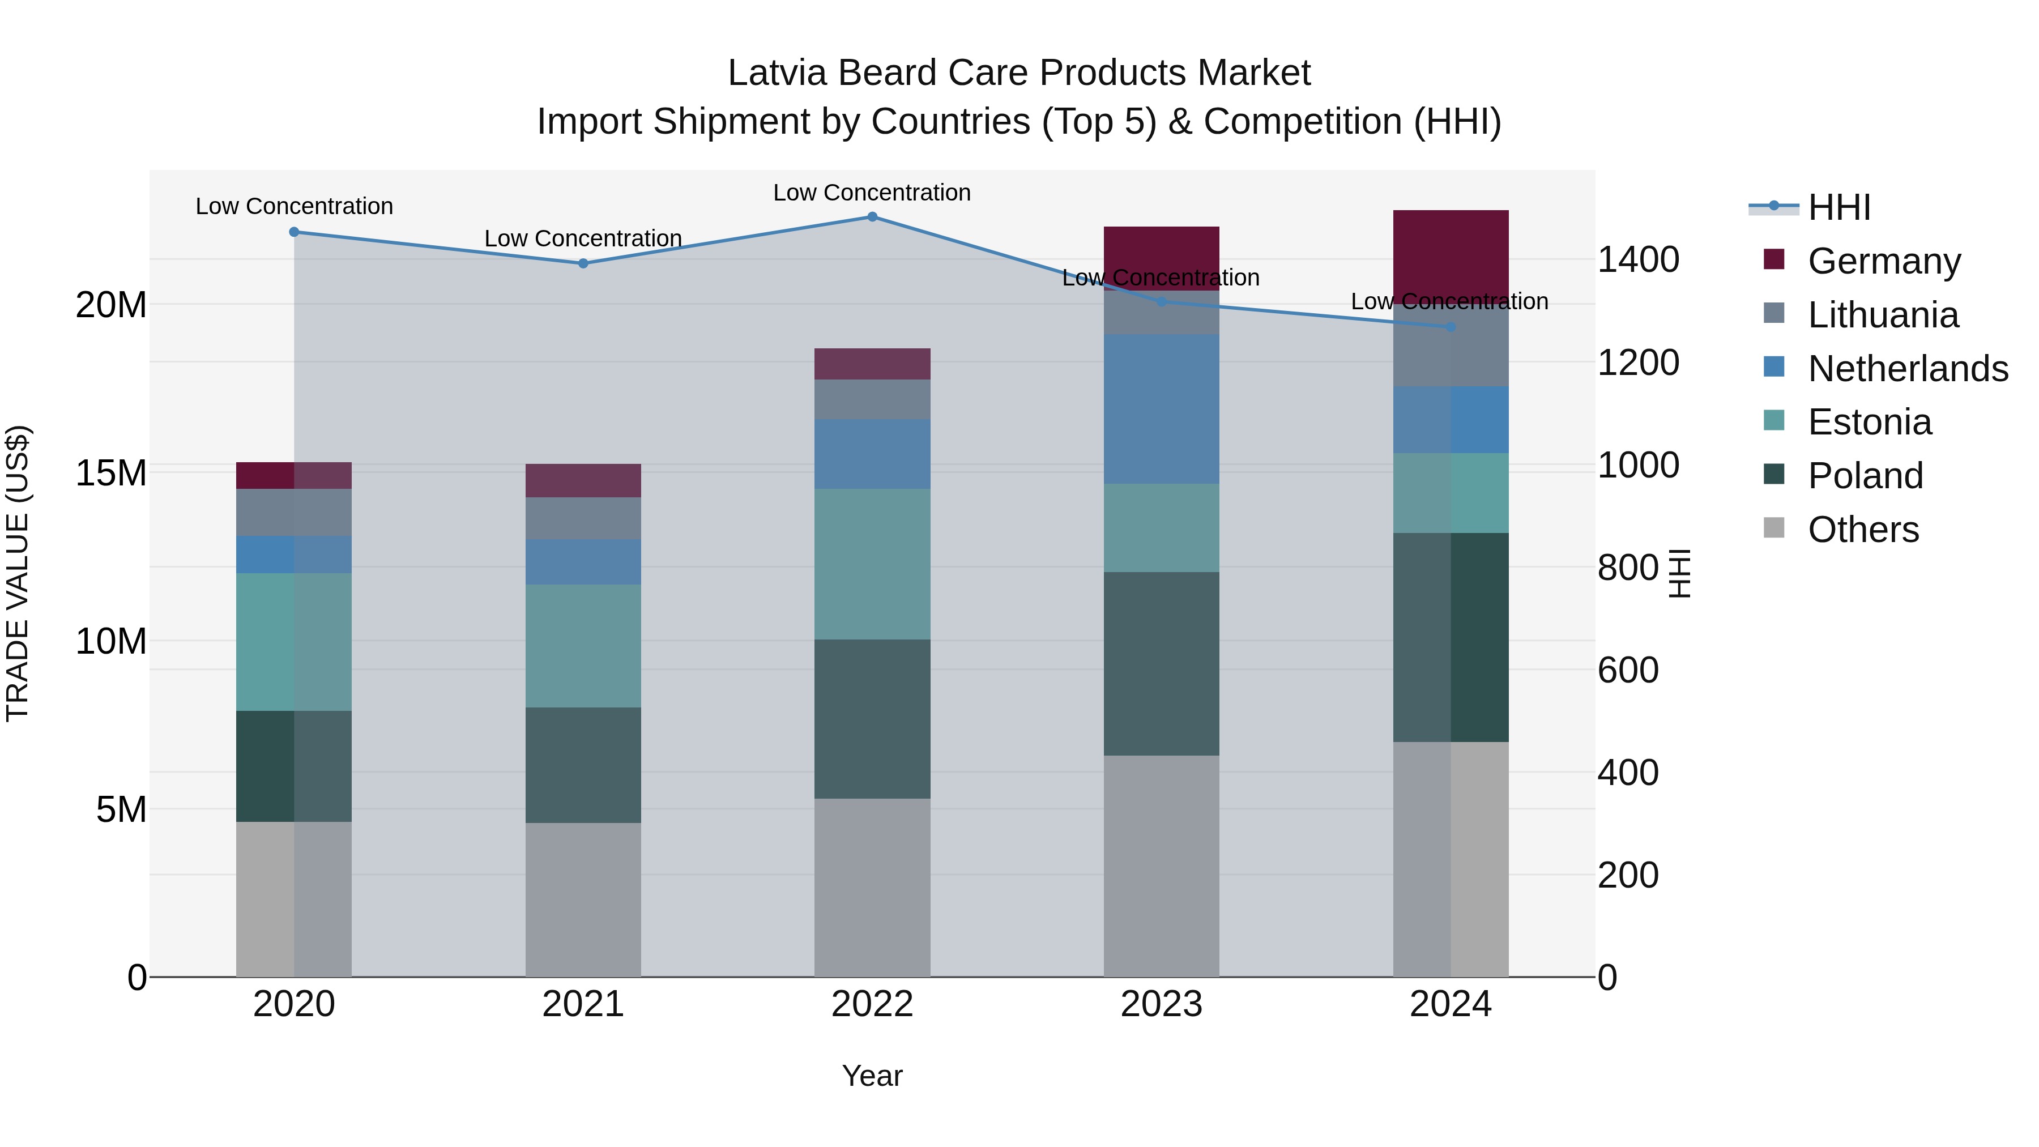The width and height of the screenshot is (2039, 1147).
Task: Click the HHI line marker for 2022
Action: tap(872, 216)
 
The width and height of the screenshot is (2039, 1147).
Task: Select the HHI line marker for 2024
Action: tap(1451, 326)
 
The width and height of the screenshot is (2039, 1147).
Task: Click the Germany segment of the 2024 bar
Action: tap(1451, 253)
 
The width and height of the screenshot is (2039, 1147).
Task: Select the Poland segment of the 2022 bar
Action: tap(872, 719)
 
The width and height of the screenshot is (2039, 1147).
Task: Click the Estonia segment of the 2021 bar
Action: tap(583, 646)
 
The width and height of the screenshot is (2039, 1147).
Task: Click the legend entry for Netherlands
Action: tap(1908, 369)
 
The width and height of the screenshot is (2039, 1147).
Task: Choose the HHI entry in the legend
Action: tap(1838, 207)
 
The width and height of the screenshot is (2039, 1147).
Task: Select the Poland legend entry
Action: tap(1865, 476)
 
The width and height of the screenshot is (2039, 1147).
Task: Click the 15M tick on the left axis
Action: tap(111, 472)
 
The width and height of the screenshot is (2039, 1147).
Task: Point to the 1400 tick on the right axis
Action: tap(1637, 259)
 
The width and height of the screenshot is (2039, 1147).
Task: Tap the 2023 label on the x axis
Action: tap(1161, 1004)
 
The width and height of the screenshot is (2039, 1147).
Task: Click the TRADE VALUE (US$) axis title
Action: tap(18, 573)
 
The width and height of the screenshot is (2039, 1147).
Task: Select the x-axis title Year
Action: tap(872, 1076)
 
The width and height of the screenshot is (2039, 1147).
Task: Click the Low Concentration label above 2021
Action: tap(583, 238)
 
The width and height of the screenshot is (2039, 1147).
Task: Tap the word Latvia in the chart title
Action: tap(778, 73)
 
